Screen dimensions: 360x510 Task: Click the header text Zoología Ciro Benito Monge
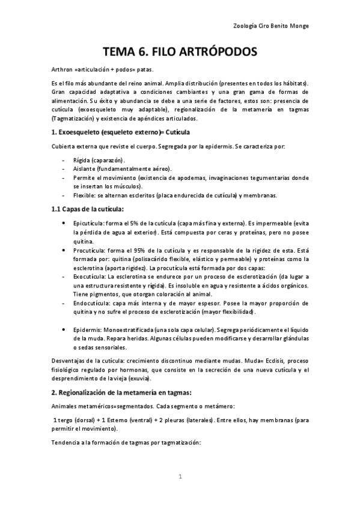(x=274, y=26)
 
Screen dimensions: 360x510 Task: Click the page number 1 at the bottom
(x=180, y=476)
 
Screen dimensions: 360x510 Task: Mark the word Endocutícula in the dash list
(x=92, y=304)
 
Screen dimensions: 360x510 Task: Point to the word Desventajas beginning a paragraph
(x=69, y=361)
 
